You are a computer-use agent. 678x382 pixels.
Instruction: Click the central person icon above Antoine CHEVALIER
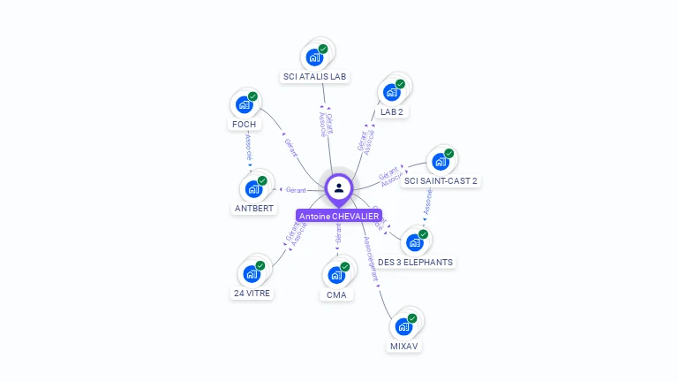click(x=339, y=187)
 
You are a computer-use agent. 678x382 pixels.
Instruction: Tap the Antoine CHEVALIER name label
click(x=338, y=216)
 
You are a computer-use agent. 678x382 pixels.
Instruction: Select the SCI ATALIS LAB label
click(x=315, y=77)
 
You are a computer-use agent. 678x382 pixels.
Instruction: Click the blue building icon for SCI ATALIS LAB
click(x=314, y=57)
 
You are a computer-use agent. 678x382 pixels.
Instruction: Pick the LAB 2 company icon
click(x=391, y=92)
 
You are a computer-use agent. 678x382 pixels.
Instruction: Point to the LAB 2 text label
click(x=392, y=112)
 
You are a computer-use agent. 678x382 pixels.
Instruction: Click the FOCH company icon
click(x=245, y=104)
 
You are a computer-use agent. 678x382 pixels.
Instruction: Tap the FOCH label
click(x=245, y=125)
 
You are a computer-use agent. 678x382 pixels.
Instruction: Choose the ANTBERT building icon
click(x=253, y=188)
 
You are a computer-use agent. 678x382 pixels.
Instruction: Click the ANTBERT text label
click(x=253, y=209)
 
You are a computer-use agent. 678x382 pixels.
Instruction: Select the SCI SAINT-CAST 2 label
click(x=440, y=181)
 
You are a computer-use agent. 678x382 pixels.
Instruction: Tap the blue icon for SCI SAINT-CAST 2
click(x=440, y=162)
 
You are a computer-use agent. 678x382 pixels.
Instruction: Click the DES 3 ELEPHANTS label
click(x=415, y=262)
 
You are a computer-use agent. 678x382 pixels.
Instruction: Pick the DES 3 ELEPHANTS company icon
click(x=414, y=242)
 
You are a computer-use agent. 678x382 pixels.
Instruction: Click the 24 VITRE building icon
click(x=252, y=273)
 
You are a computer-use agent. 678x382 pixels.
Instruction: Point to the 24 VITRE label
click(x=252, y=293)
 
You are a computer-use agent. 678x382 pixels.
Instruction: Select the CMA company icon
click(x=336, y=274)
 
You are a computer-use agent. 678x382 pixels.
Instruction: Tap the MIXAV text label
click(x=403, y=346)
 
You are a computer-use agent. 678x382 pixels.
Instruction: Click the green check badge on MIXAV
click(x=412, y=318)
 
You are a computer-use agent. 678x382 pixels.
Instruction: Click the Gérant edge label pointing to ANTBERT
click(x=295, y=190)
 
